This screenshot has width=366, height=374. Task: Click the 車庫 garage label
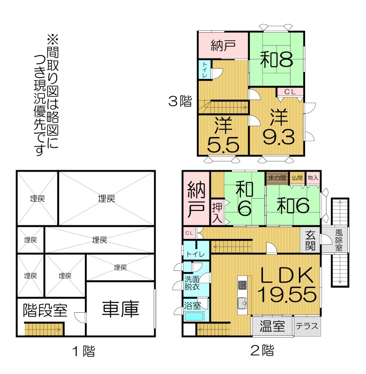coord(120,309)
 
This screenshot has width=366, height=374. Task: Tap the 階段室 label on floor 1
coord(45,310)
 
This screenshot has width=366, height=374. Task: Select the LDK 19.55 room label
coord(287,285)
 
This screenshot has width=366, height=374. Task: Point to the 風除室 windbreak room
coord(339,240)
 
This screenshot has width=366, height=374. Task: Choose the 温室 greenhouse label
coord(272,326)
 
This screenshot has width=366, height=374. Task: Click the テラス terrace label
coord(307,326)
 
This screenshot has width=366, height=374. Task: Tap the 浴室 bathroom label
coord(193,306)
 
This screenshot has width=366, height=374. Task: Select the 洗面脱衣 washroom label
coord(192,283)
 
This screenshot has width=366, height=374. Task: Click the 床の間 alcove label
coord(277,178)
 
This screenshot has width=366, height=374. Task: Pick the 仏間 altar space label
coord(297,178)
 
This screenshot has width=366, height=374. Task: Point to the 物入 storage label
coord(313,178)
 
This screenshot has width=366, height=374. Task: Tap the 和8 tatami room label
coord(276,60)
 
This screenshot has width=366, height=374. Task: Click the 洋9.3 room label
coord(279,127)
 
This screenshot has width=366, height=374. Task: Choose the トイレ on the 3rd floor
coord(205,69)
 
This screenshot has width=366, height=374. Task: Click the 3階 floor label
coord(180,101)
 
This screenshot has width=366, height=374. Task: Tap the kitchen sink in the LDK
coord(242,303)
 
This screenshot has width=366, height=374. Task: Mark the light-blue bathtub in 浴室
coord(194,317)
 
